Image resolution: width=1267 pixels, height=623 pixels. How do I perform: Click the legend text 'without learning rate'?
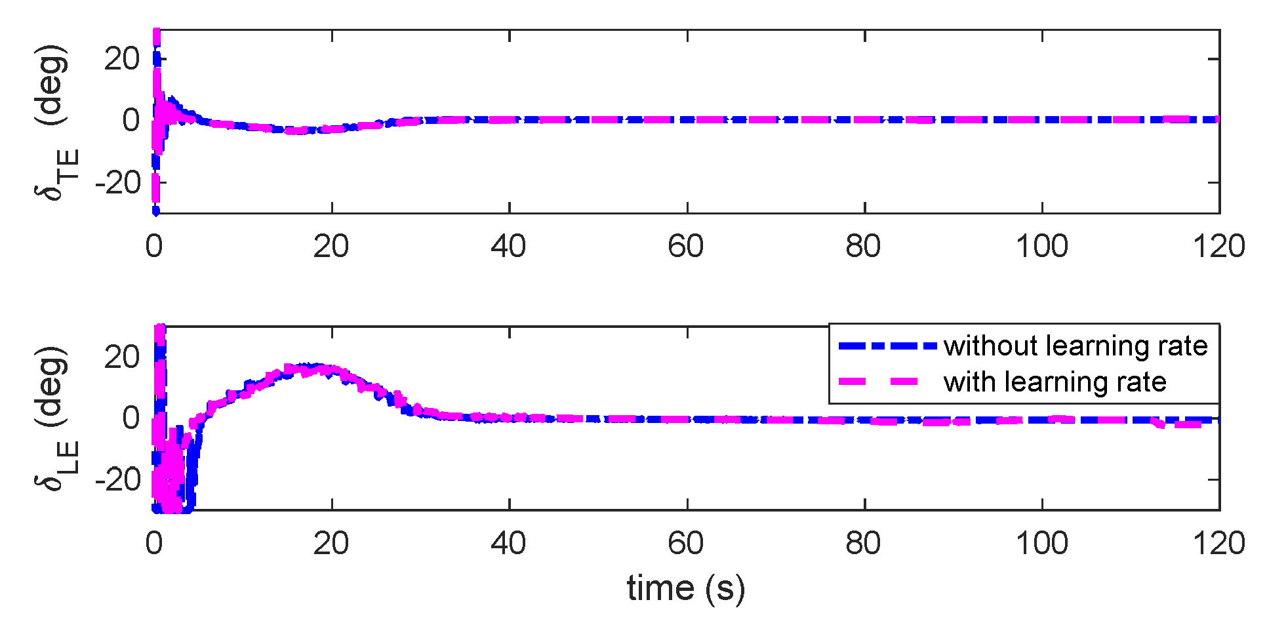(1076, 346)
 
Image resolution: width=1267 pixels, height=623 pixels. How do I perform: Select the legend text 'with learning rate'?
(1055, 382)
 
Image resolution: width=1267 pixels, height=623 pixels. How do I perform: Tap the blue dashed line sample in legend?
(887, 346)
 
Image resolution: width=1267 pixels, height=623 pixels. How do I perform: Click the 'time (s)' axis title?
(686, 588)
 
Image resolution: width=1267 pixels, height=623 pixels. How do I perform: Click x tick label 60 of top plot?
(686, 247)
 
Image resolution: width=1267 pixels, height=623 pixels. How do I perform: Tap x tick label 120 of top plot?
(1218, 247)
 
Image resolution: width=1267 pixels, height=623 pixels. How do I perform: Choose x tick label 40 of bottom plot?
(508, 544)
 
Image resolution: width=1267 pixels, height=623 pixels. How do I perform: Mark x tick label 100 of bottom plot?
(1041, 544)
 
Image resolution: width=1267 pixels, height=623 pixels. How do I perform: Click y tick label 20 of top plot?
(122, 59)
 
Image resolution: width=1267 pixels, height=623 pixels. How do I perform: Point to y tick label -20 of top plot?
(117, 182)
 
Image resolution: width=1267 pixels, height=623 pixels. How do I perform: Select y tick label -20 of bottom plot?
(117, 479)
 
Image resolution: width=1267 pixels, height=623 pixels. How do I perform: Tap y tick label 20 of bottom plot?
(122, 357)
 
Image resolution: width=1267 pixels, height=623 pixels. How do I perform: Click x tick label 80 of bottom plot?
(864, 544)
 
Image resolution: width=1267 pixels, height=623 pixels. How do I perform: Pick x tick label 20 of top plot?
(331, 247)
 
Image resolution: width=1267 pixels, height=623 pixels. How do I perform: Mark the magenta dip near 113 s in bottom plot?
(1161, 424)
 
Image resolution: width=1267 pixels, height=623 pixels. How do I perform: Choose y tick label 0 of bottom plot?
(131, 418)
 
